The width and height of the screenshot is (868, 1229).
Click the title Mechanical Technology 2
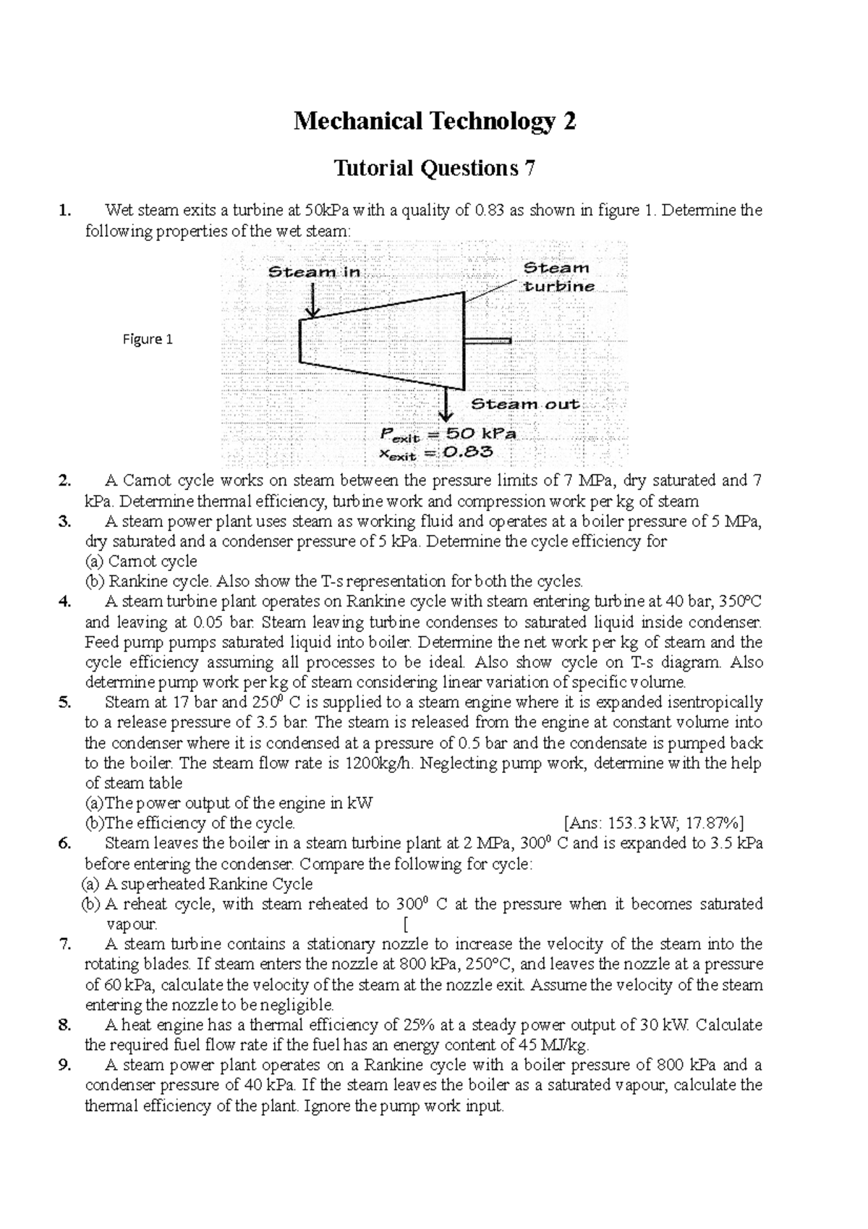434,122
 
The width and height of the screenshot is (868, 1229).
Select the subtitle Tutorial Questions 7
434,169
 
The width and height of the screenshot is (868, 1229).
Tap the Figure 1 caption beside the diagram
148,339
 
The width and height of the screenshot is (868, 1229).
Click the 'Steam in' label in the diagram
314,273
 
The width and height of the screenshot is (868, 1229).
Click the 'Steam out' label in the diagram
525,404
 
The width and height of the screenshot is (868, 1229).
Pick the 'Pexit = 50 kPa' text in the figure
448,435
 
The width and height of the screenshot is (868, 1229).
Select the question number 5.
65,702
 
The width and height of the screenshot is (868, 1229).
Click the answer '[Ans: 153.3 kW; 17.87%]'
653,823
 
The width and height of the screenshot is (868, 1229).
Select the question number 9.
65,1065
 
